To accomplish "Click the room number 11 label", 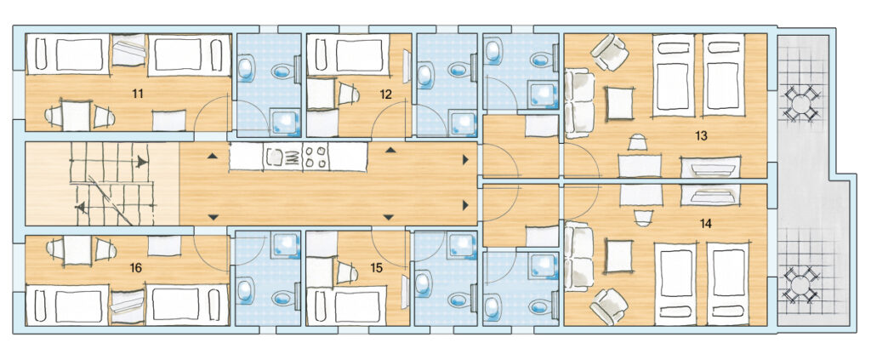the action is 138,94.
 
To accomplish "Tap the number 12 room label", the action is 386,94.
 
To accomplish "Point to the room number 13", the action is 701,136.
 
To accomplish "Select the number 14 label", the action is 706,223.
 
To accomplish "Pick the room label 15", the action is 377,268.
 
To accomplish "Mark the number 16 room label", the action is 135,268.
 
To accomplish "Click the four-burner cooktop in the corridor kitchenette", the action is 316,157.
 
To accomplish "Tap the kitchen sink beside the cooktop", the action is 276,157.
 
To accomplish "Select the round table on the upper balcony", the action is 800,103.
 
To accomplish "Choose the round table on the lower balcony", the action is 800,285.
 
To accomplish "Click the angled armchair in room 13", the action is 609,52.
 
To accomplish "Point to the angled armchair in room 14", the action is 609,306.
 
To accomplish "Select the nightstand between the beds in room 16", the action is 128,307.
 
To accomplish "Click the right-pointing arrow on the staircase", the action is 143,163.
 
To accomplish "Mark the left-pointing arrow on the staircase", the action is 81,208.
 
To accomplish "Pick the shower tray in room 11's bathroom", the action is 285,122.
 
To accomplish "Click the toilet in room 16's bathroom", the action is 286,299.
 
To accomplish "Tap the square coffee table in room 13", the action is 619,103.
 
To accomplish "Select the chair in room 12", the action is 348,94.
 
